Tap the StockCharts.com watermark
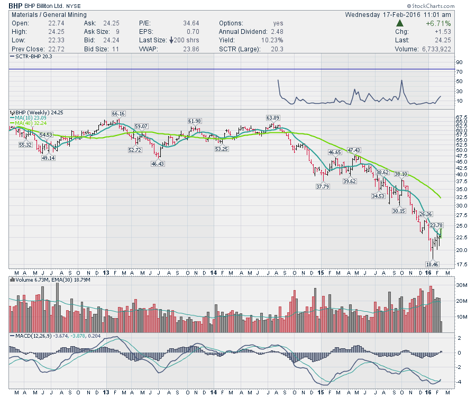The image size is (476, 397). (443, 6)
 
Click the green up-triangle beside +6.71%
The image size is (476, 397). (400, 24)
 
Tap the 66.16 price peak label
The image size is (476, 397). (118, 114)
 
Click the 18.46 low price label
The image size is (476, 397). (433, 264)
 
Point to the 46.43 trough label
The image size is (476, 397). (158, 164)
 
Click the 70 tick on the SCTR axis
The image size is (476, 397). (459, 71)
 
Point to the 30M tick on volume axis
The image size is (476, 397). (461, 285)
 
